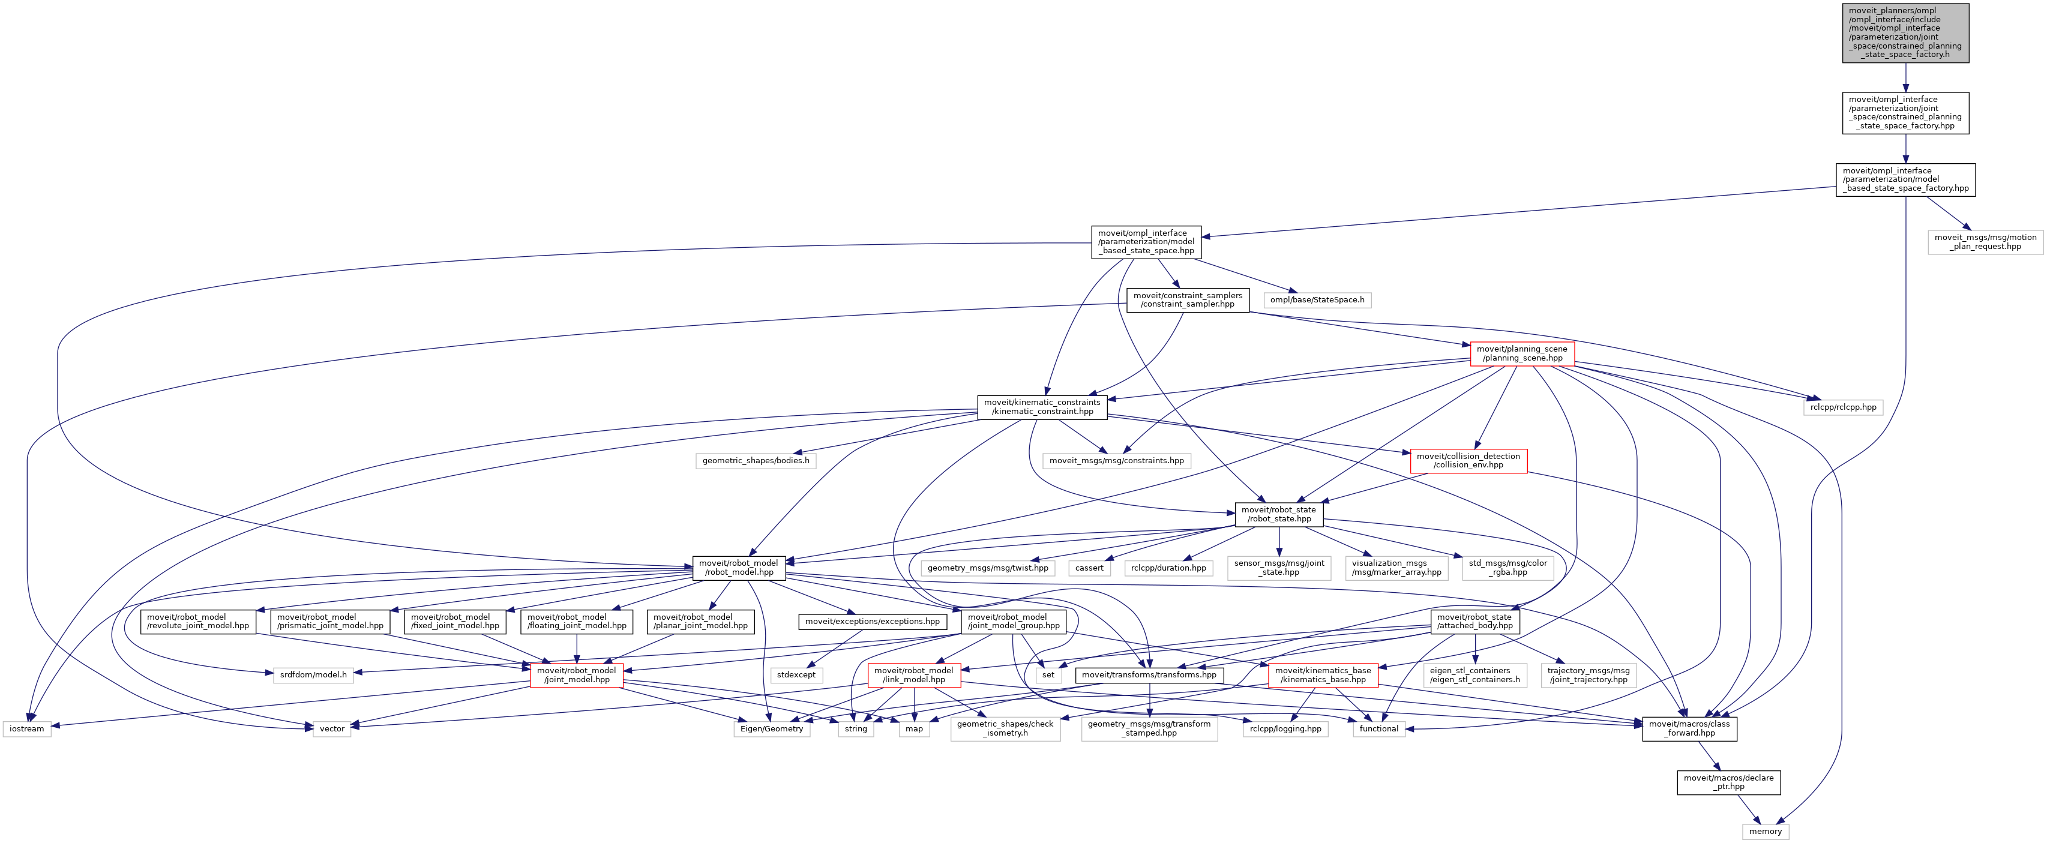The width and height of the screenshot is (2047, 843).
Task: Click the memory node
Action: point(1765,831)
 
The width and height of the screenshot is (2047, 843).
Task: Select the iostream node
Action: point(27,728)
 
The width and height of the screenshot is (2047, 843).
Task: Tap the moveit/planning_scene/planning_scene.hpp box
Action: point(1522,353)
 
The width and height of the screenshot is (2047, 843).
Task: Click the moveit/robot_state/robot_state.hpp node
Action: point(1279,514)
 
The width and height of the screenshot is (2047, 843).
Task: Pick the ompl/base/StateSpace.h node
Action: point(1317,301)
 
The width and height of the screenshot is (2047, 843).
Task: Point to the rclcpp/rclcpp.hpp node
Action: point(1843,407)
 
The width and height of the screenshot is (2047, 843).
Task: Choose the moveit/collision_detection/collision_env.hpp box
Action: point(1468,461)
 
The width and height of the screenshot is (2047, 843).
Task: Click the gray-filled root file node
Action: point(1905,32)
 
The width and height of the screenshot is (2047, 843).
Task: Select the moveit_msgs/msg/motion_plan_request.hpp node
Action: point(1985,242)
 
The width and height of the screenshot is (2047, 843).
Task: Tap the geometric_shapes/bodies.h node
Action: point(756,461)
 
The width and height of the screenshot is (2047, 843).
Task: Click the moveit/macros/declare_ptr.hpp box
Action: point(1728,782)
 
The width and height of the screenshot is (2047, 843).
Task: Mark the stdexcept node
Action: point(795,674)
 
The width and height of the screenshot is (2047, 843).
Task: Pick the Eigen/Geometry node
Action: point(772,728)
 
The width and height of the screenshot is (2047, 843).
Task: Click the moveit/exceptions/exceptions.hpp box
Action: point(872,622)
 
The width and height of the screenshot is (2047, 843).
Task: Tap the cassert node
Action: point(1089,568)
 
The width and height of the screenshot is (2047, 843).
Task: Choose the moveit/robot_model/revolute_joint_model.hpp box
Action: point(198,622)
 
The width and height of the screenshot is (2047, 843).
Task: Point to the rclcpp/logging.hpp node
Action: point(1285,728)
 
